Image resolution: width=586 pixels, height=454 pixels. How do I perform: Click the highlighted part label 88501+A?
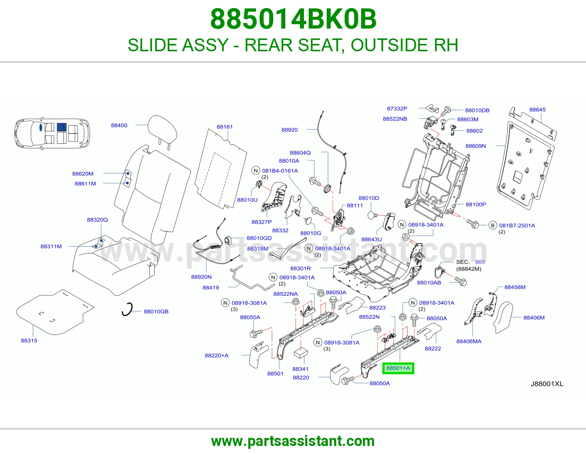coord(398,368)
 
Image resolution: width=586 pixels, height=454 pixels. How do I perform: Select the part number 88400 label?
coord(119,125)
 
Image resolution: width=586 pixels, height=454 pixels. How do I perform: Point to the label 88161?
coord(225,127)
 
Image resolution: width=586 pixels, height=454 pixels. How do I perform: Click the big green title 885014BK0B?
coord(293,19)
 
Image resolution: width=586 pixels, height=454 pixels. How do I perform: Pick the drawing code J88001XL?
coord(547,384)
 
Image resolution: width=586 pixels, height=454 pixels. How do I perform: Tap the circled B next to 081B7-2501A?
coord(493,226)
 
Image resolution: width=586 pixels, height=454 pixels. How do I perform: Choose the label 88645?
coord(537,109)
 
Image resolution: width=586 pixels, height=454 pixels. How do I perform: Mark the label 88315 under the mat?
coord(29,340)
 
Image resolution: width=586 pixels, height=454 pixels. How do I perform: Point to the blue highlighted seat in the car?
coord(62,127)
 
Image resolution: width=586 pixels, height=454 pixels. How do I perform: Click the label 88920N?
coord(201,277)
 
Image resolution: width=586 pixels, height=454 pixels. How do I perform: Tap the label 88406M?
coord(534,317)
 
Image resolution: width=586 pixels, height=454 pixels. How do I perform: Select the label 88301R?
coord(300,268)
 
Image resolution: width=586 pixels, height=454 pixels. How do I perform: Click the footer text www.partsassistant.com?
coord(293,441)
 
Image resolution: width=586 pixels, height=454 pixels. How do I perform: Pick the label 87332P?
coord(397,108)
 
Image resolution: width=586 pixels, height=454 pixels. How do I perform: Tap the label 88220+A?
coord(216,355)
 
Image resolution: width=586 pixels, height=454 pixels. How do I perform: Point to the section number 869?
coord(480,262)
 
